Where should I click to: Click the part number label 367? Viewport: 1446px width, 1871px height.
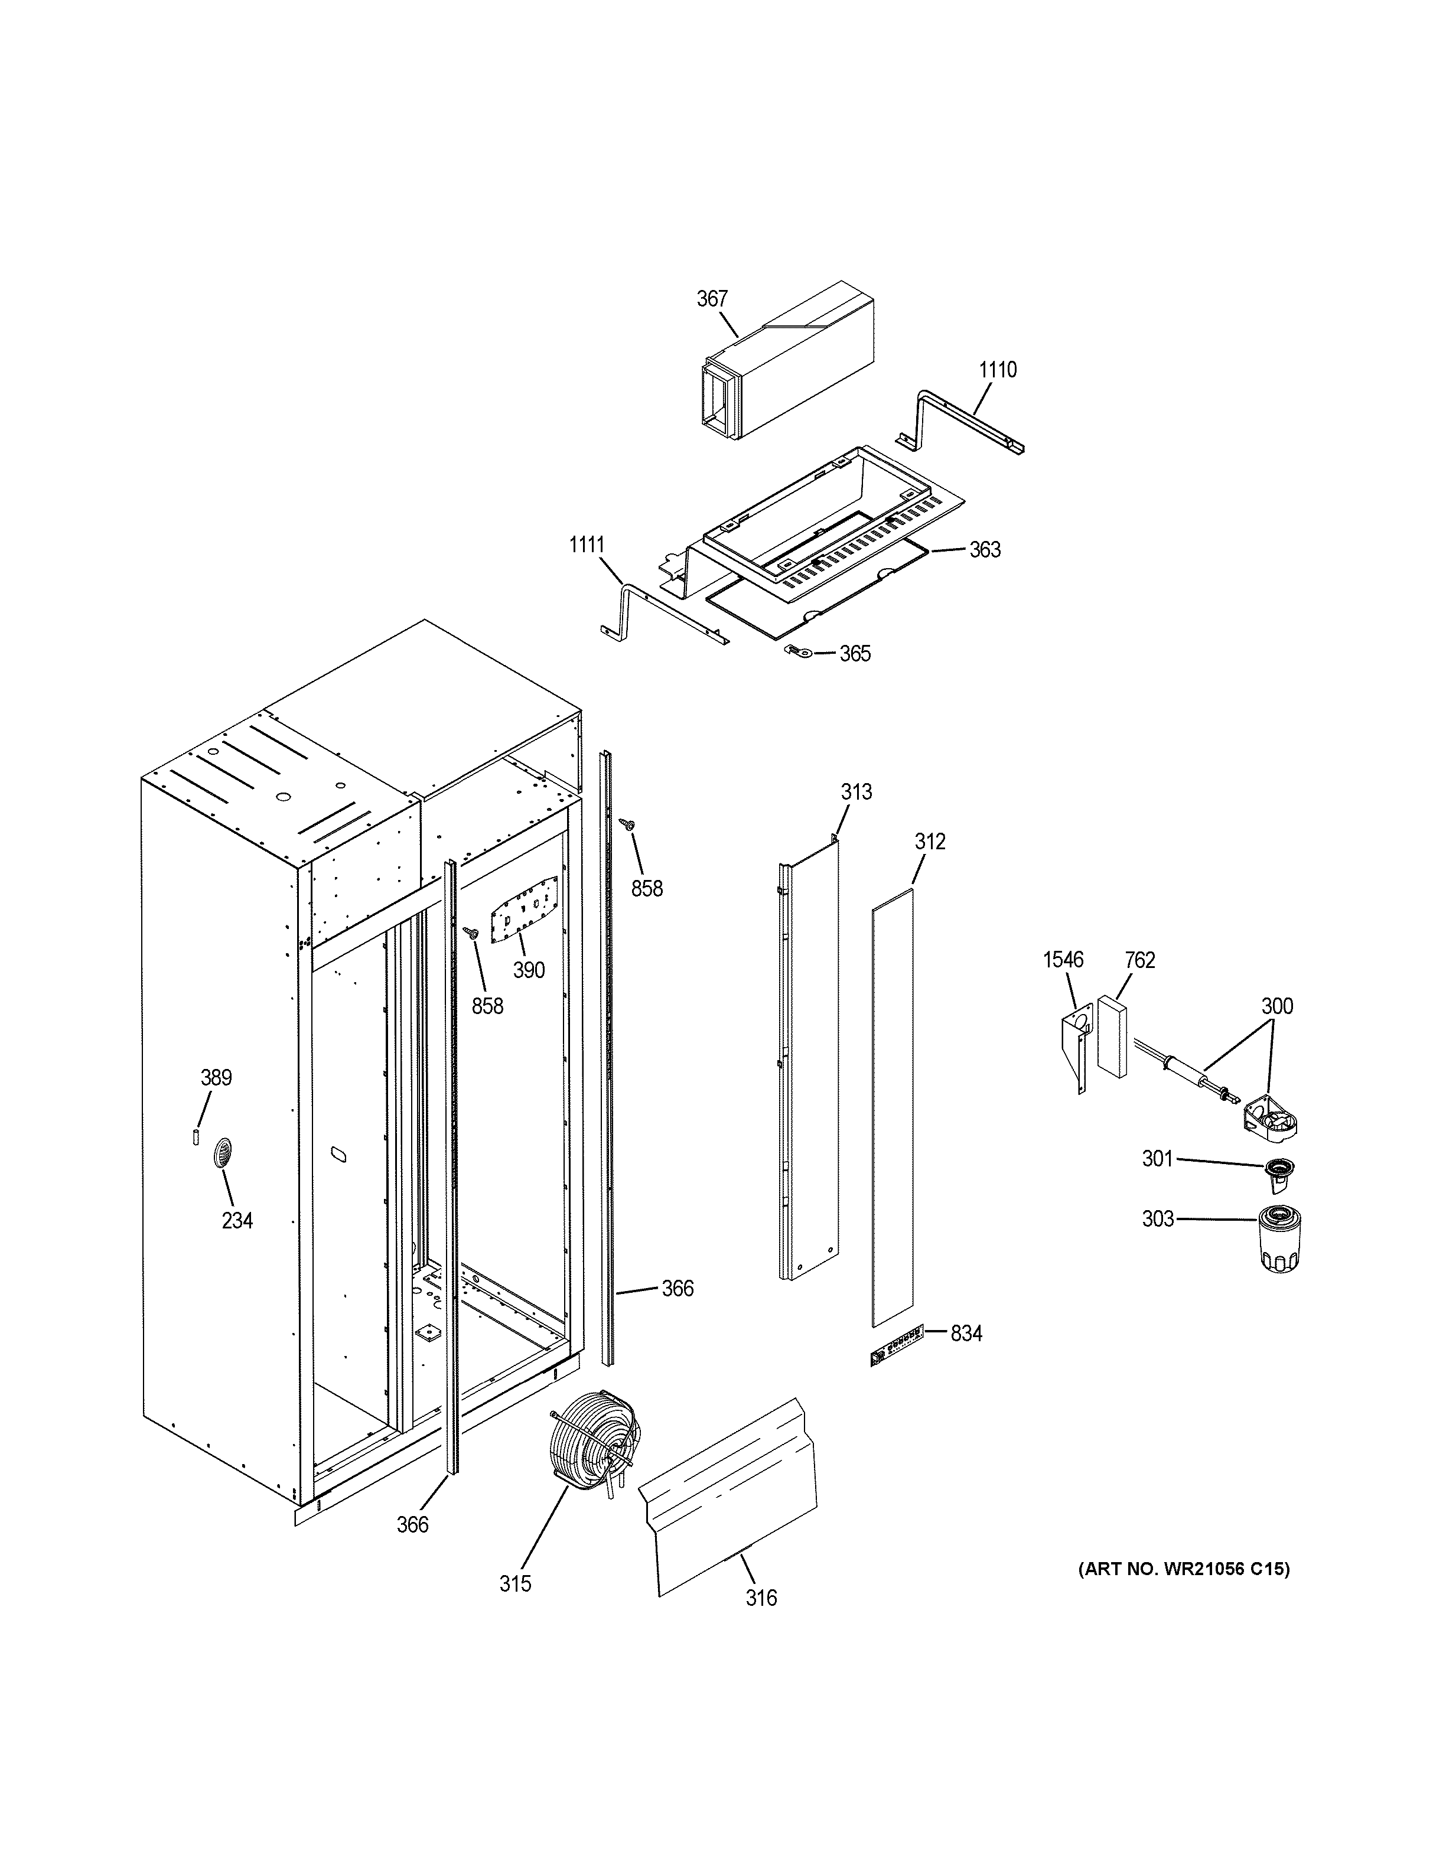(712, 299)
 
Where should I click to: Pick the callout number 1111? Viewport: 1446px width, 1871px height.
(587, 545)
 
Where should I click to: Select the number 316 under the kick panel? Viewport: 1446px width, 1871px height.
(761, 1597)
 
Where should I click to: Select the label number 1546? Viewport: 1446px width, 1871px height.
(1063, 960)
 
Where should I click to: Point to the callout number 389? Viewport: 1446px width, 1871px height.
(216, 1078)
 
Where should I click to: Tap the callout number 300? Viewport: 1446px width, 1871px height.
(1276, 1006)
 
